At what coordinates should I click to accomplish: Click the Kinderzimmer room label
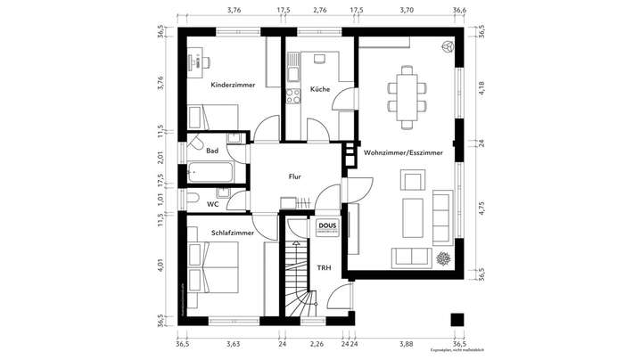coord(233,86)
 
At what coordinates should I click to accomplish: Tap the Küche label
coord(320,90)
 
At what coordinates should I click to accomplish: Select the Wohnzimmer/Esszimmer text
coord(403,153)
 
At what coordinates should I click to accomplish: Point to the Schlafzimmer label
coord(233,233)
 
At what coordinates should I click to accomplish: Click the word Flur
coord(295,176)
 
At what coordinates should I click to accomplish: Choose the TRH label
coord(325,266)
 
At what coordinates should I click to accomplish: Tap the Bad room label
coord(212,151)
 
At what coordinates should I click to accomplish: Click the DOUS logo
coord(326,226)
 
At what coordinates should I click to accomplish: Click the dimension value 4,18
coord(481,87)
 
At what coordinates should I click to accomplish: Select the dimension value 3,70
coord(407,11)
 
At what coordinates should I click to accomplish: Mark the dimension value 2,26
coord(316,343)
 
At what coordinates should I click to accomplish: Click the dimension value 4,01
coord(161,265)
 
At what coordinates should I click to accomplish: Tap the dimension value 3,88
coord(405,343)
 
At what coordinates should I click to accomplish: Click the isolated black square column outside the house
coord(457,320)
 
